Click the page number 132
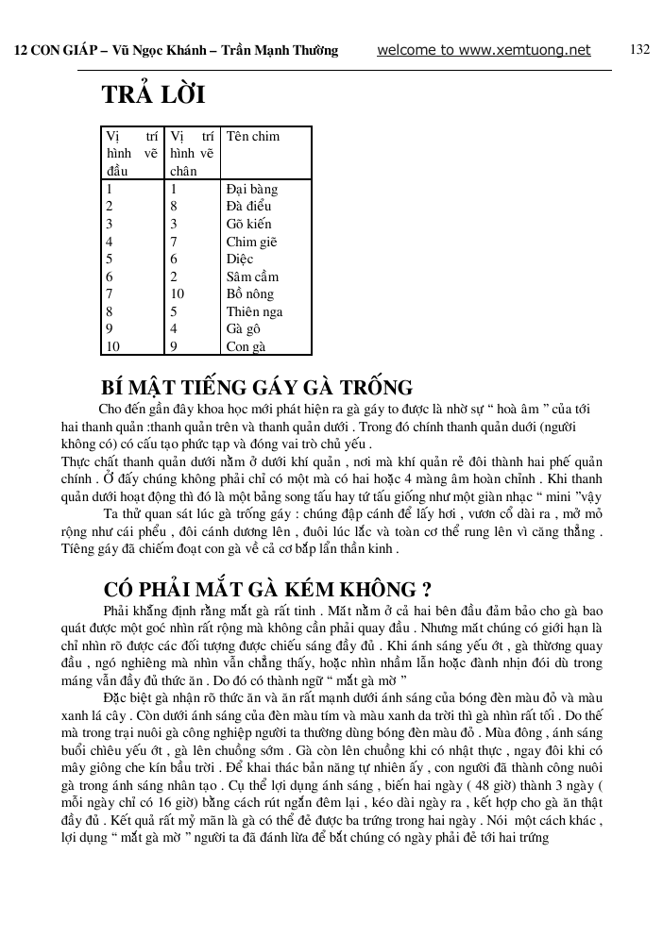tap(639, 49)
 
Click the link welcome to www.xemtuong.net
tap(484, 50)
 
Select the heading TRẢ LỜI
tap(152, 96)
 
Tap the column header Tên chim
tap(253, 136)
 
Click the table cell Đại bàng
tap(252, 189)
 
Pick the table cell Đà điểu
tap(250, 207)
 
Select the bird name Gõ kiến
tap(248, 225)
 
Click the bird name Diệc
tap(240, 260)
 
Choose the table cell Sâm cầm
tap(251, 276)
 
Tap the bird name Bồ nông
tap(250, 294)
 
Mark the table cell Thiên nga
tap(254, 311)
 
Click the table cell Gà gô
tap(244, 329)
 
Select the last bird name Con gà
tap(246, 346)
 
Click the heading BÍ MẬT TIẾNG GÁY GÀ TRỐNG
tap(257, 388)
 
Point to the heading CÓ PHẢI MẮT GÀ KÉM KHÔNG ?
tap(267, 590)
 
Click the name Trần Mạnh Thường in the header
tap(280, 51)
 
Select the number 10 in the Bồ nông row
tap(178, 294)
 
